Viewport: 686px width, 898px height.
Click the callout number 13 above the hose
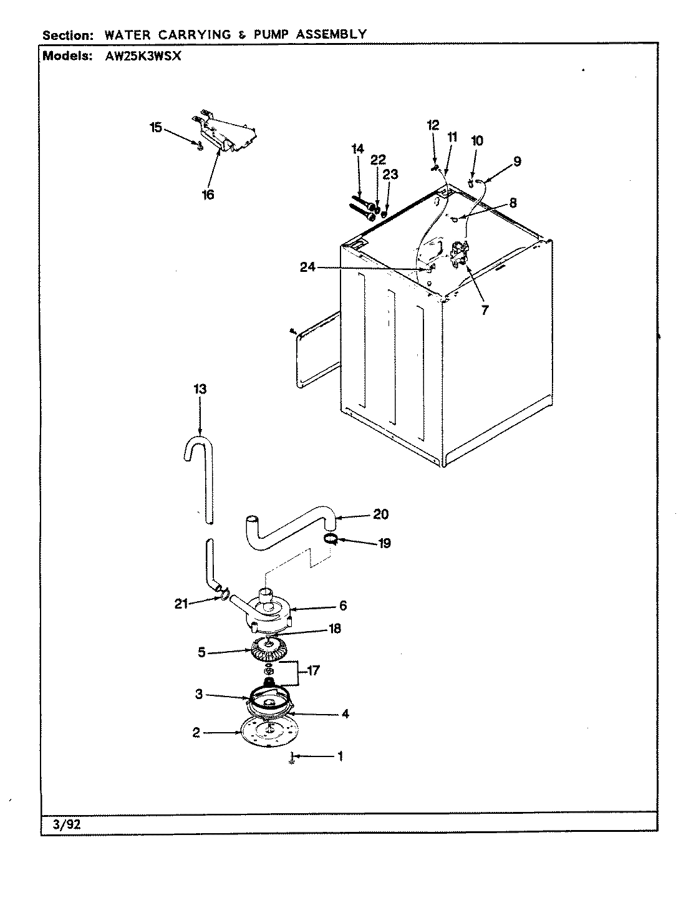pos(200,389)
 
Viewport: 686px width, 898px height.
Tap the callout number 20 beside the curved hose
pos(380,514)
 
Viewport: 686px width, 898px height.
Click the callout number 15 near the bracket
pos(156,128)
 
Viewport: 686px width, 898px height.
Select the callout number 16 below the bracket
pos(208,195)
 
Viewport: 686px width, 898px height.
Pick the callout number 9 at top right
pos(517,162)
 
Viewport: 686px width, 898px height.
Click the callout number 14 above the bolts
pos(357,148)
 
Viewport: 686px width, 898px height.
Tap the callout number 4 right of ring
pos(345,714)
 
